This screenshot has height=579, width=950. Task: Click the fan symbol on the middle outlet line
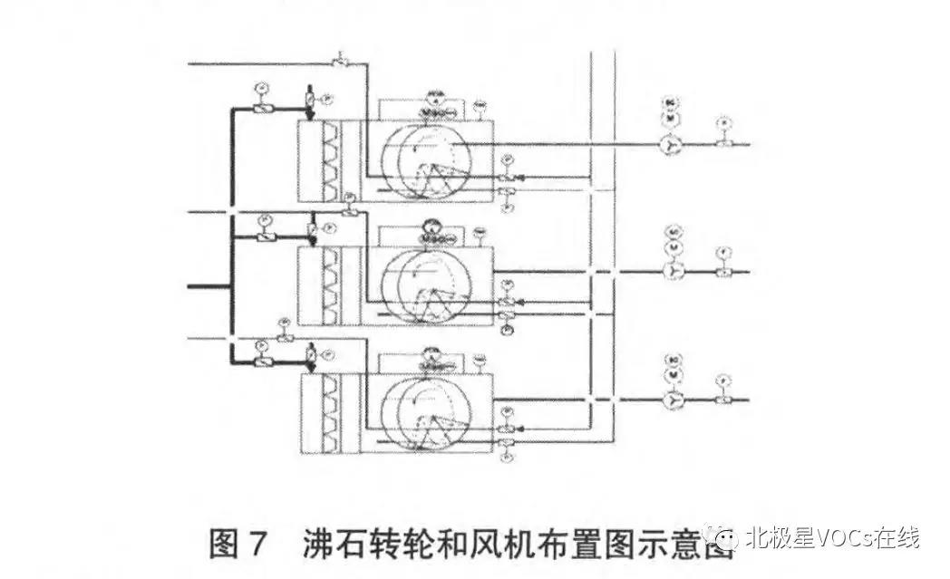click(673, 270)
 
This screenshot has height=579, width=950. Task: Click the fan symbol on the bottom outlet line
click(673, 399)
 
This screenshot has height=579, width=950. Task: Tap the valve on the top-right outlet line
click(723, 143)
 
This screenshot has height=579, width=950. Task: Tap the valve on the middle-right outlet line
click(723, 271)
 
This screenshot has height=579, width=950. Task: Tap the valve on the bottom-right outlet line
click(723, 399)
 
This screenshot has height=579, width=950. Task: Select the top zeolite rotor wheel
click(424, 160)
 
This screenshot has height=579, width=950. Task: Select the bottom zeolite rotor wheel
click(424, 412)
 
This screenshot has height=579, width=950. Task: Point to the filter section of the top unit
click(329, 161)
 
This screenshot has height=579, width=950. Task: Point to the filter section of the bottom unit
click(329, 412)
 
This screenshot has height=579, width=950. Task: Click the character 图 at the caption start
click(223, 544)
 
